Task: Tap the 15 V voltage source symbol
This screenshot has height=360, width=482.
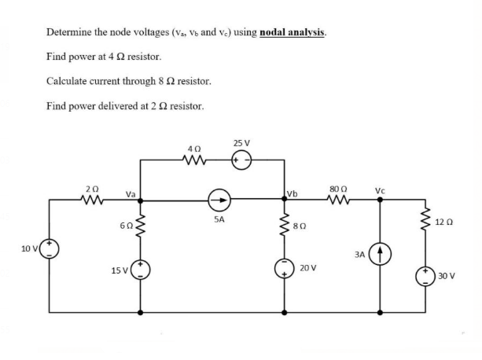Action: click(142, 271)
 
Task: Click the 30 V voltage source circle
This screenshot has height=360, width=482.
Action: click(428, 276)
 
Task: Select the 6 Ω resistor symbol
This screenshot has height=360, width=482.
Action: click(142, 227)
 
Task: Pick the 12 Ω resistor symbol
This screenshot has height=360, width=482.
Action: click(428, 224)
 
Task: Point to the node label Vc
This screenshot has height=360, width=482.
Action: click(380, 189)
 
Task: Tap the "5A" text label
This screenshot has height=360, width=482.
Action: click(220, 220)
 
